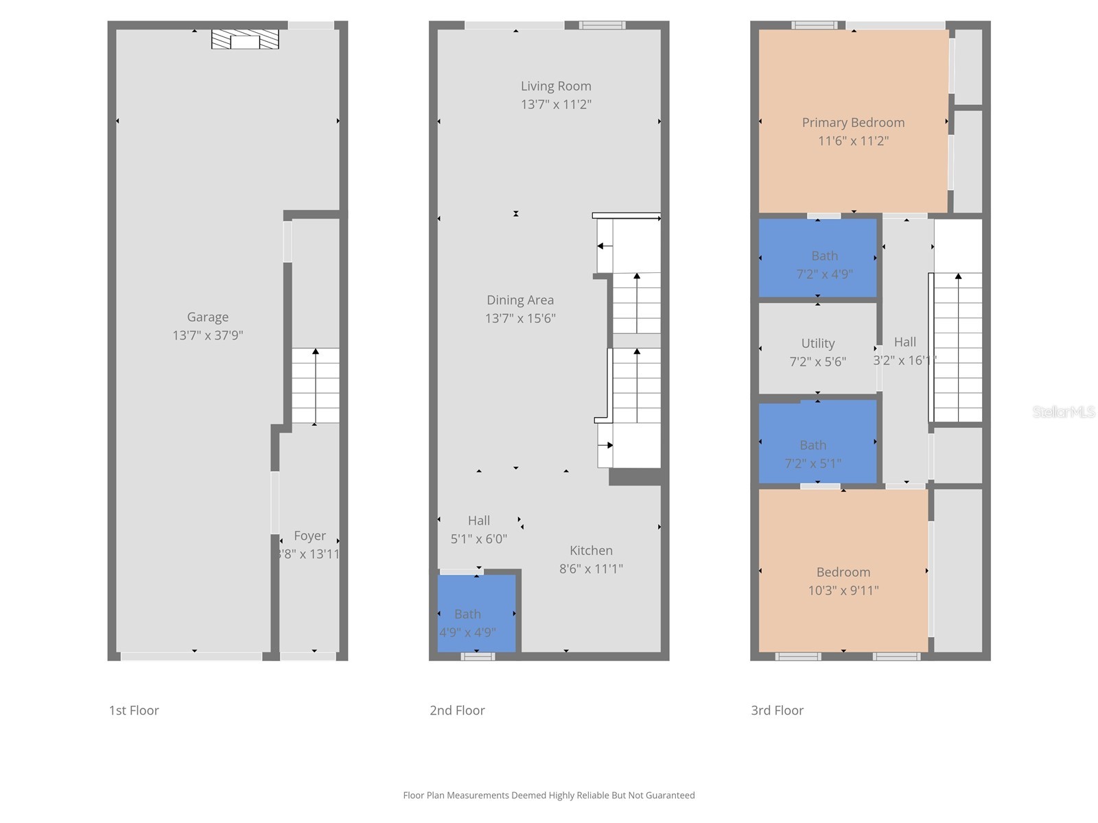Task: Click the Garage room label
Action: click(207, 317)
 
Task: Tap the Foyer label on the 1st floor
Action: click(309, 536)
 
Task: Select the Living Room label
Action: click(556, 86)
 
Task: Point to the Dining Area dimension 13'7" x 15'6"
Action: click(520, 318)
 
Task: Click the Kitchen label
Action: click(591, 550)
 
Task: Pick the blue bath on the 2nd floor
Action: click(476, 613)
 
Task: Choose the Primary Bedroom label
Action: click(853, 122)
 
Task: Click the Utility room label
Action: click(817, 343)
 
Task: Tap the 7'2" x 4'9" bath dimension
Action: click(824, 274)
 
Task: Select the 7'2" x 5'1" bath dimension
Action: click(813, 464)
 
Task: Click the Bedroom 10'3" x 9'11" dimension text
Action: click(843, 591)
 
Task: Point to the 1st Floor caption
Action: click(134, 711)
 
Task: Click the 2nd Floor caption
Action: click(457, 711)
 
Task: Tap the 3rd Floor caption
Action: click(777, 711)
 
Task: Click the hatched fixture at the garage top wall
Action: click(245, 39)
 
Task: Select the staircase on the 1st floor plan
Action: click(316, 385)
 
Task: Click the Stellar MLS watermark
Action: click(1064, 411)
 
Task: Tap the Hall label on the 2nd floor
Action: click(479, 521)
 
